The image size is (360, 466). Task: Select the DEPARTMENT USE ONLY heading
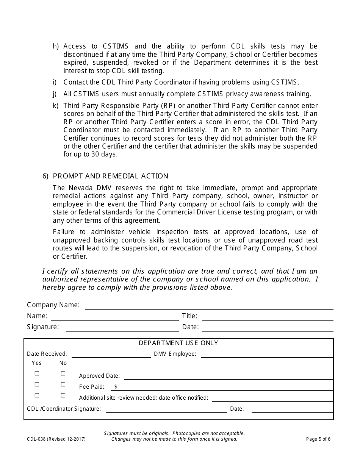click(178, 343)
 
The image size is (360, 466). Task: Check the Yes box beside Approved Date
click(37, 374)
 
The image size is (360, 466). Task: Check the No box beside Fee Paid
click(63, 385)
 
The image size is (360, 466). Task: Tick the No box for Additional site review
click(63, 396)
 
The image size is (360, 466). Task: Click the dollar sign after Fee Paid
click(116, 387)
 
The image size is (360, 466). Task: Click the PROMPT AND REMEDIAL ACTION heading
click(110, 176)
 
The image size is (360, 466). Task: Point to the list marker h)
click(56, 47)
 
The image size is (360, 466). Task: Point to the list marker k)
click(56, 106)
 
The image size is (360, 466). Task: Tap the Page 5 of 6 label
click(318, 439)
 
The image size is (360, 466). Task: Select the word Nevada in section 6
click(80, 188)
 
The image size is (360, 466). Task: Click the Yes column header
click(37, 363)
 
